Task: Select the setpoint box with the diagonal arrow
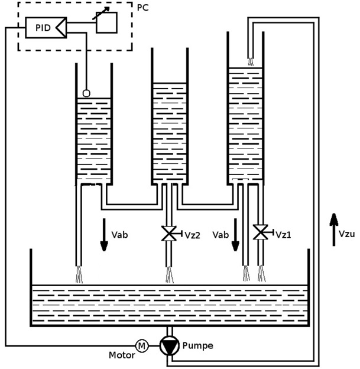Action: pyautogui.click(x=106, y=22)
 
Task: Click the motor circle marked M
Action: pyautogui.click(x=142, y=345)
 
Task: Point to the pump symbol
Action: pyautogui.click(x=170, y=346)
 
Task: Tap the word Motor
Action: pyautogui.click(x=121, y=355)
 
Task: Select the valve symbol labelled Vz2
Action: pyautogui.click(x=170, y=234)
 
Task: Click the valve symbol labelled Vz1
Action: pyautogui.click(x=260, y=232)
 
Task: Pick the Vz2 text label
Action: pyautogui.click(x=192, y=235)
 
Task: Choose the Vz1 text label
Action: pyautogui.click(x=283, y=234)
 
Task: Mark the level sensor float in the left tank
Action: pyautogui.click(x=86, y=93)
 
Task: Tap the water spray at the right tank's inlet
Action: pyautogui.click(x=250, y=61)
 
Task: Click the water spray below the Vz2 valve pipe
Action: pyautogui.click(x=170, y=275)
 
